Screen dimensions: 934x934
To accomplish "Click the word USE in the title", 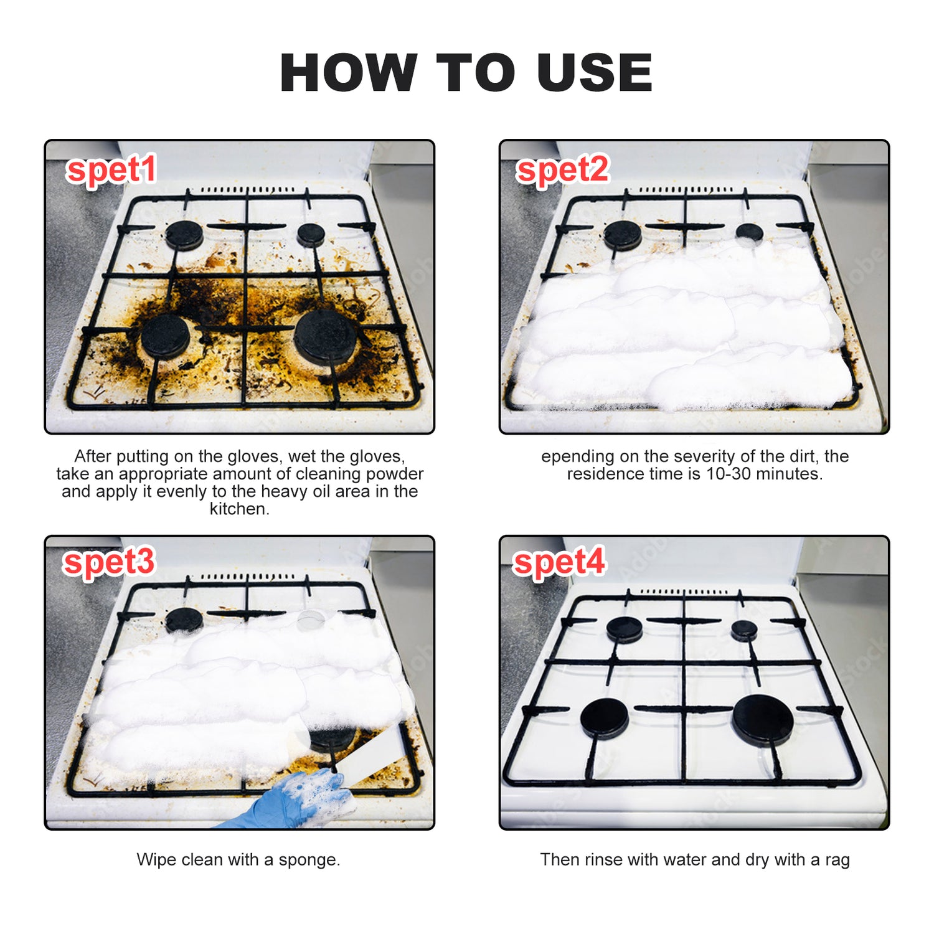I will (595, 73).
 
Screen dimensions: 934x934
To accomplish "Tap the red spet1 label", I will (111, 170).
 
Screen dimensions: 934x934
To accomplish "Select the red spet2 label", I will (562, 170).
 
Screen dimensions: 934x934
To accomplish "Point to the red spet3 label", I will (109, 562).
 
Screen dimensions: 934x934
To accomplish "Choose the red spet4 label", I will (559, 562).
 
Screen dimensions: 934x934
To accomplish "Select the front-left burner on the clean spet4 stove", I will (604, 718).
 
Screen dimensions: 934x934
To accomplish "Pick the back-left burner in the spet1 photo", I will (184, 235).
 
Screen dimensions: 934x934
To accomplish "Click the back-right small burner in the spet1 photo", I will (311, 233).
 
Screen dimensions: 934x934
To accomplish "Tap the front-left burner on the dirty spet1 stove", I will (165, 335).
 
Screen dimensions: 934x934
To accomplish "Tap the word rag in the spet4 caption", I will (837, 860).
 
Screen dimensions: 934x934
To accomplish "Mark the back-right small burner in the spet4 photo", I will (744, 630).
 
